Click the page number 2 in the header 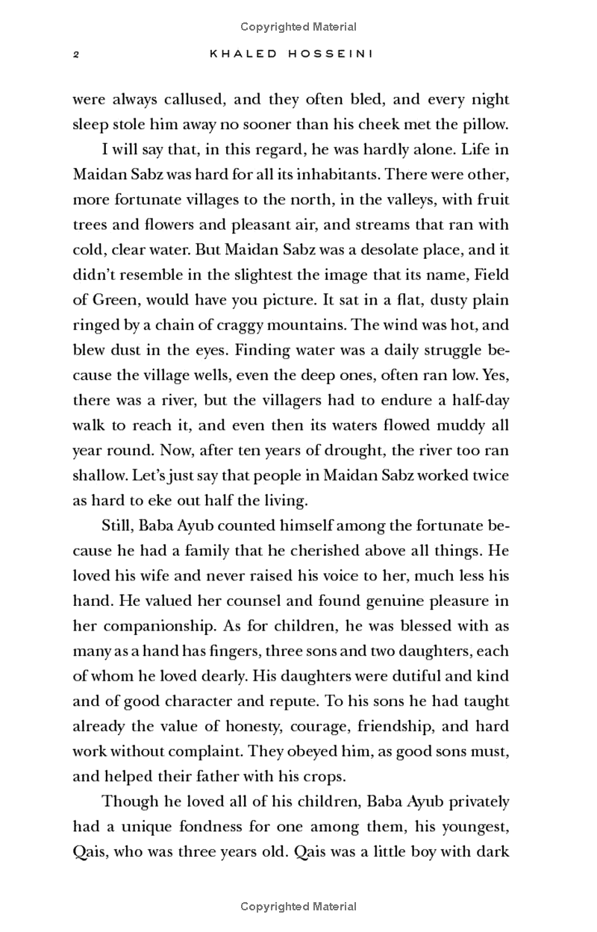[x=76, y=54]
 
